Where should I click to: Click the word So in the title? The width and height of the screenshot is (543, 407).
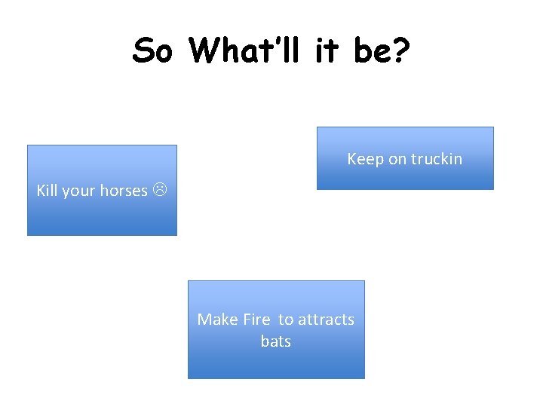[155, 51]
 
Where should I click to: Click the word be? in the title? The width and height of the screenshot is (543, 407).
[385, 51]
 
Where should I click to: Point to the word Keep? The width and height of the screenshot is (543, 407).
[364, 159]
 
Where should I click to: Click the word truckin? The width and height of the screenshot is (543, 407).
[435, 159]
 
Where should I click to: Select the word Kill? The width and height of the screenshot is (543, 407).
[47, 191]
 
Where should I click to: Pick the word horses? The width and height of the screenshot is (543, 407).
[124, 191]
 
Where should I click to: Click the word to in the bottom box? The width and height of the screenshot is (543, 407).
[286, 320]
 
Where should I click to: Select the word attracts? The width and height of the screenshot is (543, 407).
[326, 320]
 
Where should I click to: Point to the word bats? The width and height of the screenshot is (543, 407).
[275, 341]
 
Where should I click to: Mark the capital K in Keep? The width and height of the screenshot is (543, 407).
[351, 159]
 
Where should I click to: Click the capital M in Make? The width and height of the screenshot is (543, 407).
[204, 320]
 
